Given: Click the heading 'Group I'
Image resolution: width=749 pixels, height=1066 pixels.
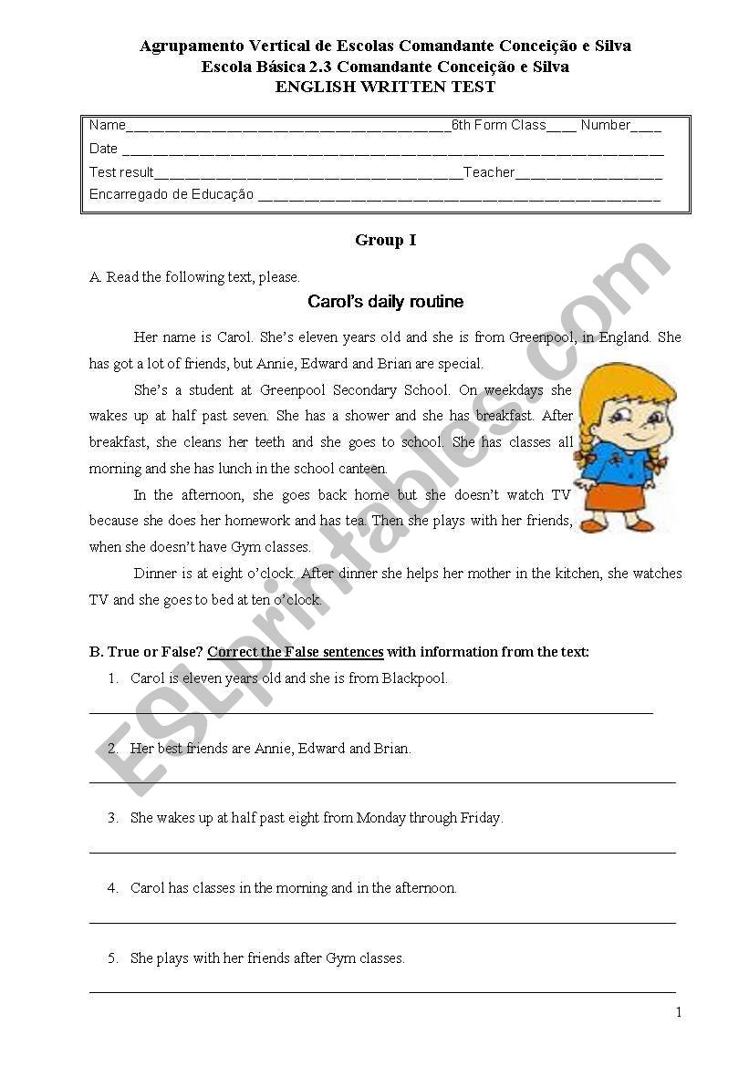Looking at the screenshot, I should pyautogui.click(x=385, y=241).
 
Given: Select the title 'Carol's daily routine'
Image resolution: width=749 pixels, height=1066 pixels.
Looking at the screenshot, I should pyautogui.click(x=385, y=302).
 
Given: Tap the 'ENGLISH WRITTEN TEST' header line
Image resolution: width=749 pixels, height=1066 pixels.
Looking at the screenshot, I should pyautogui.click(x=385, y=88).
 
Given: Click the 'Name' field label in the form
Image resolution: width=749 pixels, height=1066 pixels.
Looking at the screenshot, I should pyautogui.click(x=107, y=126).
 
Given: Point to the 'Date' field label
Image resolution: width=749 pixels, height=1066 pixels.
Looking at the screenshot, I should pyautogui.click(x=103, y=149).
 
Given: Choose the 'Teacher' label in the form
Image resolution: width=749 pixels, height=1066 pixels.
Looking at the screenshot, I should pyautogui.click(x=489, y=172).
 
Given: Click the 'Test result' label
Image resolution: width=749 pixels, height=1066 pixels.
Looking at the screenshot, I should pyautogui.click(x=121, y=172).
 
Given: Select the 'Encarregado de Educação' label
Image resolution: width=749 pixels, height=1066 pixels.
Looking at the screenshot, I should pyautogui.click(x=171, y=194).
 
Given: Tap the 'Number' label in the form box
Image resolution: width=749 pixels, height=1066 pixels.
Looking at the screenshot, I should pyautogui.click(x=605, y=126).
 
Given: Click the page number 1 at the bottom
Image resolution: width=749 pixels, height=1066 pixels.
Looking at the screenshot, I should pyautogui.click(x=678, y=1012).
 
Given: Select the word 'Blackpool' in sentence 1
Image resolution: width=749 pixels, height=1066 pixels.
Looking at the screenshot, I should pyautogui.click(x=414, y=678).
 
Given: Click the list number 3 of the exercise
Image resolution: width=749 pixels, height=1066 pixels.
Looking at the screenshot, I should pyautogui.click(x=113, y=818).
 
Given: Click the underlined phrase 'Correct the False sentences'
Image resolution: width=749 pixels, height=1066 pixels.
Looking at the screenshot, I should pyautogui.click(x=295, y=652).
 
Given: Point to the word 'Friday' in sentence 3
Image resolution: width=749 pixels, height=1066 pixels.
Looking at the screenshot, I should pyautogui.click(x=481, y=818).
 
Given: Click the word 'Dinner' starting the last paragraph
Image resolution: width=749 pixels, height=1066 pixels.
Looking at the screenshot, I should pyautogui.click(x=154, y=574).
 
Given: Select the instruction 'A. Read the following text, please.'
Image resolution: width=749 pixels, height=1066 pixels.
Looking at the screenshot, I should pyautogui.click(x=194, y=277).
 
